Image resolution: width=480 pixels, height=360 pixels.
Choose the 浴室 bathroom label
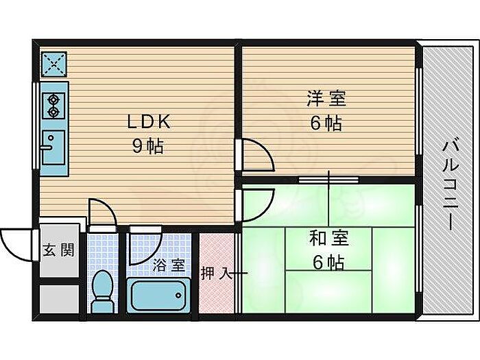click(x=168, y=264)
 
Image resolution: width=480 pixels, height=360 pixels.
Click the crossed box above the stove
click(x=53, y=64)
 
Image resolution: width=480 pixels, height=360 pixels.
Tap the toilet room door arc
click(x=100, y=211)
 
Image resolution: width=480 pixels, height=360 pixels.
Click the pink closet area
click(x=217, y=274)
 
